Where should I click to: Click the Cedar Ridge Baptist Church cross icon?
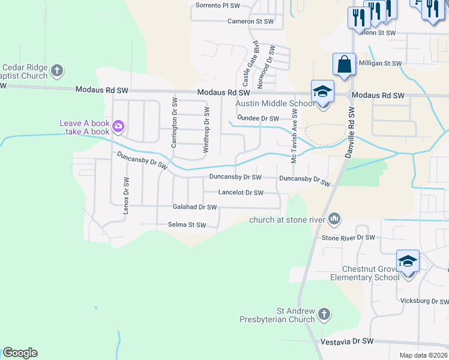pos(57,71)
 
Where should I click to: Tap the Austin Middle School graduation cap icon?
pos(322,92)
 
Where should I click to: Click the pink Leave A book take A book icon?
pos(118,125)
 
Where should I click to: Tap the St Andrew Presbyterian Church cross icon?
pos(324,314)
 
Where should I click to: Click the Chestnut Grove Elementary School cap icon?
pos(408,261)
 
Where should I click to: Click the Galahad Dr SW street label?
pos(194,207)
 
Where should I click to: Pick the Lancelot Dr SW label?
pos(241,193)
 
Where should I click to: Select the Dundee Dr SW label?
pos(258,118)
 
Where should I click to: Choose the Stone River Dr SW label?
pos(348,238)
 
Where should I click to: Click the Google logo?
pos(20,353)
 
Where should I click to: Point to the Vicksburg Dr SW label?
pos(424,300)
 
